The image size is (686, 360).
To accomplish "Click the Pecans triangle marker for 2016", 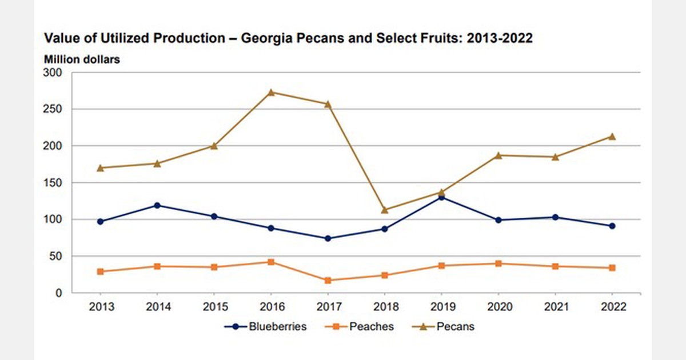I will click(x=271, y=92).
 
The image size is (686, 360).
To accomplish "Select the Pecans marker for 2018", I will click(x=385, y=210).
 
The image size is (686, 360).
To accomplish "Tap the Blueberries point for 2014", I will click(x=157, y=205).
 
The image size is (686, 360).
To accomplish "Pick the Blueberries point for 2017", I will click(x=328, y=238).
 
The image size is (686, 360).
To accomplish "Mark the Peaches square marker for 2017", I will click(x=328, y=281).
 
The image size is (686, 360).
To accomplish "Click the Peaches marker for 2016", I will click(x=271, y=262).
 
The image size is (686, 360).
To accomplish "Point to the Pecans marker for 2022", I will click(x=612, y=136).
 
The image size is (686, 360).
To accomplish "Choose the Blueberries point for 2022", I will click(x=612, y=226).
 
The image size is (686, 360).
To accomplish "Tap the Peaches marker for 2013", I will click(x=100, y=271).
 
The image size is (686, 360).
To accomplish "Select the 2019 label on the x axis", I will click(x=442, y=307).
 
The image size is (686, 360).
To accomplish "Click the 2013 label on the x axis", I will click(x=101, y=307).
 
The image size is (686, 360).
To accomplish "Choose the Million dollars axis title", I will click(x=82, y=59).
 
